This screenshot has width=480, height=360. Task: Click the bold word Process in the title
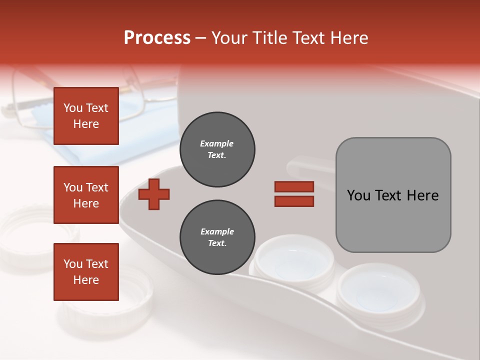[x=157, y=38]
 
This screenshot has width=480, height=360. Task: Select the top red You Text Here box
[x=86, y=116]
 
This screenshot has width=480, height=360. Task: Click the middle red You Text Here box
[x=86, y=195]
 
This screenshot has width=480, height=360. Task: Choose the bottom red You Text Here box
[x=86, y=271]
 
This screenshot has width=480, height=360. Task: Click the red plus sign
[x=154, y=194]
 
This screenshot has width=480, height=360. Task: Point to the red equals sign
[x=294, y=194]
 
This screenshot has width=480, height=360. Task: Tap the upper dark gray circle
[x=217, y=149]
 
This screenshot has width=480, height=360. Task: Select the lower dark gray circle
[x=217, y=237]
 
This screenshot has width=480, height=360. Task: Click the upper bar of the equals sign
[x=294, y=186]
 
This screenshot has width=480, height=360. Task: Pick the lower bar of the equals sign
[x=294, y=201]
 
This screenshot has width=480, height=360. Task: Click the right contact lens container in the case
[x=378, y=290]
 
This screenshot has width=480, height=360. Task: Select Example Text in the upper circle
[x=217, y=149]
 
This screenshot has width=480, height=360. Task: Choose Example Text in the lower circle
[x=217, y=237]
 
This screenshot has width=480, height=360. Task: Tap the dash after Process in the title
[x=201, y=38]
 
